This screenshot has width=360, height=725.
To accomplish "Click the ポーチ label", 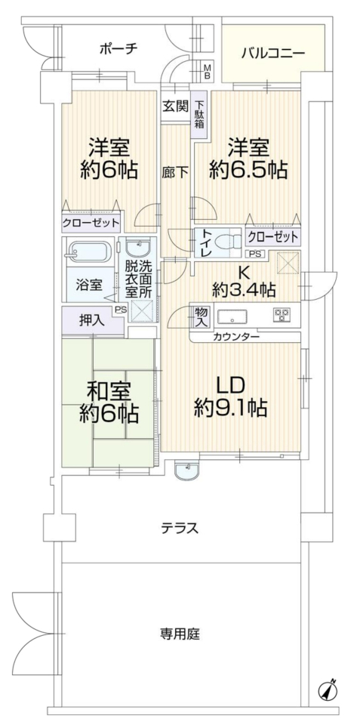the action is pos(118,48).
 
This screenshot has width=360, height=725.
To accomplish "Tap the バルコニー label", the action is pos(273,53).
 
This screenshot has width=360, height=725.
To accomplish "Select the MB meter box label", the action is pos(208,71).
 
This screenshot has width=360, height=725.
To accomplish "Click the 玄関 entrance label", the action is pos(175,106).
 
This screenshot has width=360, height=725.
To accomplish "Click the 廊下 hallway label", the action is pos(175,172).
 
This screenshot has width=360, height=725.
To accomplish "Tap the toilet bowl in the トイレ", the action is pos(229,242).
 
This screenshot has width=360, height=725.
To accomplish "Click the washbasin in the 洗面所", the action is pos(137,248).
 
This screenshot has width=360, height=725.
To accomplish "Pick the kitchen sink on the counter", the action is pos(232,317).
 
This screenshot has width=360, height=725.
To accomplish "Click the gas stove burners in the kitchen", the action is pos(282,315).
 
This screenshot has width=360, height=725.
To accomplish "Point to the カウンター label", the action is pos(235,337).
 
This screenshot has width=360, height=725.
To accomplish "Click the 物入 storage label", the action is pos(200,316).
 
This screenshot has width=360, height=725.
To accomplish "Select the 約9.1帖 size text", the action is pos(229,409).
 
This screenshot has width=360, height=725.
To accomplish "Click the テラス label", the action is pos(180,528).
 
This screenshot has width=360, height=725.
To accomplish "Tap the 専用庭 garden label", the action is pos(180,634).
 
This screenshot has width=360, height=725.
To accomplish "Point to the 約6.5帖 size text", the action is pos(248,171).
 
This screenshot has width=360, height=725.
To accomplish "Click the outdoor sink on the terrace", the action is pos(186,470).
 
